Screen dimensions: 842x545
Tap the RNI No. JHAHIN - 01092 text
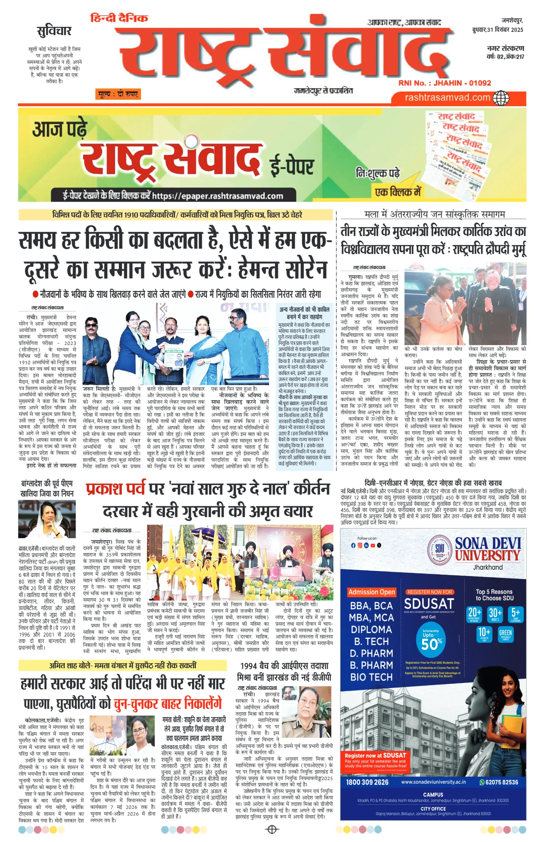pos(444,83)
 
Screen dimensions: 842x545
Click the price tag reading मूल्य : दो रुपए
pos(118,94)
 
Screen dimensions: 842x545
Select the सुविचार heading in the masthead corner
pos(54,31)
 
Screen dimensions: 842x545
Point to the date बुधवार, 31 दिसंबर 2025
pos(497,30)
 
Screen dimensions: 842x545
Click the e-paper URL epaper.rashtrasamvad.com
pos(217,196)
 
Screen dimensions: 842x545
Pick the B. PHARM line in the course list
pos(371,665)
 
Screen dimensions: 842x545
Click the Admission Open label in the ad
pos(371,592)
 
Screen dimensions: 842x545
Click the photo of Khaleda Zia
pos(47,519)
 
